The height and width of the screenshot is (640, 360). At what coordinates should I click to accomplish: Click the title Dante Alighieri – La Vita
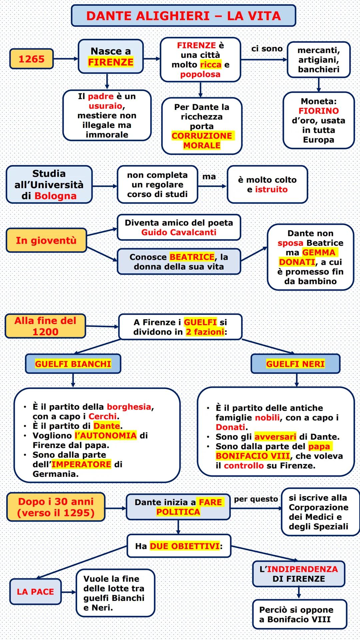pos(183,16)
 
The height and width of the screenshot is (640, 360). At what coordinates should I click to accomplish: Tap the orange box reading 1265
pos(31,59)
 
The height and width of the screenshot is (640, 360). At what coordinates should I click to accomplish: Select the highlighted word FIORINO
pos(318,111)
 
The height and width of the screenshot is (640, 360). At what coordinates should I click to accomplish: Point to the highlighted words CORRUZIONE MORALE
pos(202,140)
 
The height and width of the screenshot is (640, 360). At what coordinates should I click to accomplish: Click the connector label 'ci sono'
pos(267,49)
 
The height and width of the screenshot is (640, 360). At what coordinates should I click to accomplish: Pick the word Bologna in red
pos(56,196)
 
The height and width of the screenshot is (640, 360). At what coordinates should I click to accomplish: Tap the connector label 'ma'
pos(209,177)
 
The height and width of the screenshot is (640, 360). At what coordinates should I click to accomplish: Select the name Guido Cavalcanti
pos(179,232)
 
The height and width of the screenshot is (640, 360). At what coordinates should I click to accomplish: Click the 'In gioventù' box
pos(46,240)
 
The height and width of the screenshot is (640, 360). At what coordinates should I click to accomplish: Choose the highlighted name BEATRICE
pos(192,257)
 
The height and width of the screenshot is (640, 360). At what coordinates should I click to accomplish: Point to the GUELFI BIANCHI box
pos(73,364)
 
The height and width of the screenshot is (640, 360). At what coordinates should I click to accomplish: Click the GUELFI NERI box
pos(295,364)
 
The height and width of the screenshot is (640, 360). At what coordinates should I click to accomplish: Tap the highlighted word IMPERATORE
pos(81,464)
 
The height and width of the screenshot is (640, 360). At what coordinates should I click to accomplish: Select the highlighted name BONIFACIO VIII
pos(253,456)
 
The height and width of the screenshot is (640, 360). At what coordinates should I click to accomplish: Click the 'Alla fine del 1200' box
pos(45,326)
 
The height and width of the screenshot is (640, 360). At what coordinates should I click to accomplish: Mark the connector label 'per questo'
pos(256,499)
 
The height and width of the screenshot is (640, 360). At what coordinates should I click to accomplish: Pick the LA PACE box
pos(35,592)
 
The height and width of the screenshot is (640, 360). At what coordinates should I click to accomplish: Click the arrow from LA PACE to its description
pos(69,592)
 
